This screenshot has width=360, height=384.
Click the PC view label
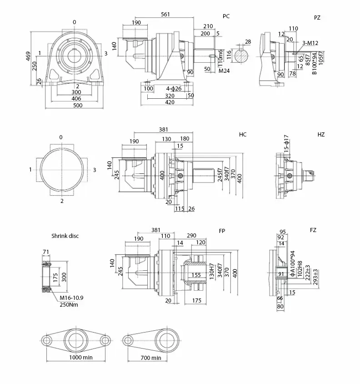[x=226, y=16]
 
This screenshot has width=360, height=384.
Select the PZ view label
[x=317, y=17]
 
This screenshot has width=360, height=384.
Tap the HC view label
[x=243, y=135]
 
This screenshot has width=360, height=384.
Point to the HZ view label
[x=321, y=135]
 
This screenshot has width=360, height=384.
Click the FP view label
[x=222, y=231]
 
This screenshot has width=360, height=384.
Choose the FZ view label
[x=313, y=230]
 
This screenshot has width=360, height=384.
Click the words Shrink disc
[x=65, y=236]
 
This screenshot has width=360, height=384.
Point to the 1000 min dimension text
[x=81, y=358]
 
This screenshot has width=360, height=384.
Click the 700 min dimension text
[x=151, y=358]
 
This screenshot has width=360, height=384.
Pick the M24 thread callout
[x=223, y=71]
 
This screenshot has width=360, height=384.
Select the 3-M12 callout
[x=310, y=43]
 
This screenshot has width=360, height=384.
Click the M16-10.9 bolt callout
[x=72, y=298]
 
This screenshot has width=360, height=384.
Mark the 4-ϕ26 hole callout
[x=174, y=88]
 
